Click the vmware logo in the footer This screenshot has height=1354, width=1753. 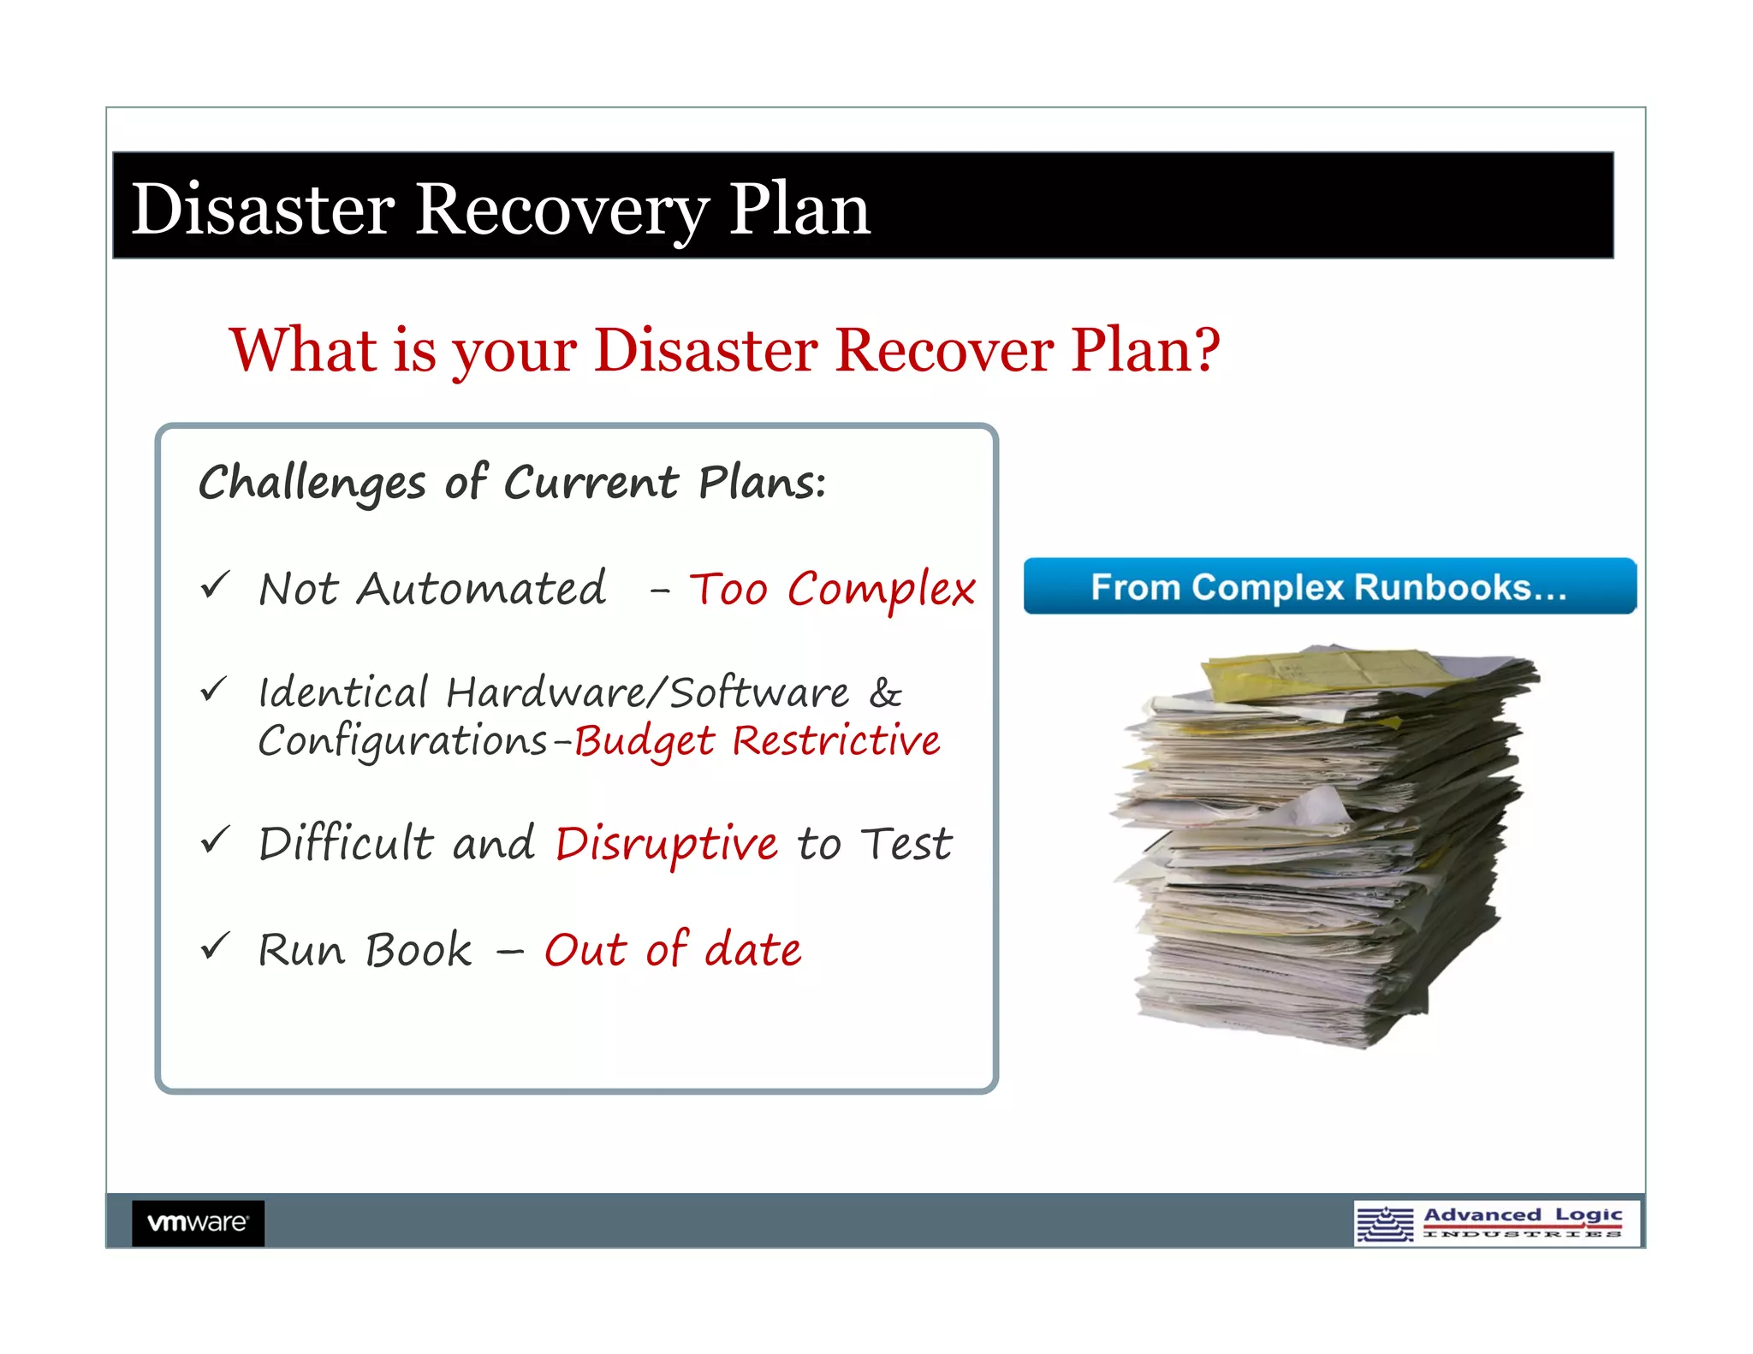198,1222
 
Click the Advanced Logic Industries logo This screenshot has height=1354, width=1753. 1495,1223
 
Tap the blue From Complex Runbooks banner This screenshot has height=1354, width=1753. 1329,586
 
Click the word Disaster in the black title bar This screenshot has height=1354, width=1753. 263,210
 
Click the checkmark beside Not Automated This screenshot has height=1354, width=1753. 215,585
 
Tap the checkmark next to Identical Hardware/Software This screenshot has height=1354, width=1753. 214,689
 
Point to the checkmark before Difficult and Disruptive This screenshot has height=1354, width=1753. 215,840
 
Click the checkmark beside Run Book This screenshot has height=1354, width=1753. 215,946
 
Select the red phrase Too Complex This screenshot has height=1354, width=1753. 832,590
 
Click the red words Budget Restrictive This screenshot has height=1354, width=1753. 757,741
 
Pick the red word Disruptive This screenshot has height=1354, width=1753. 666,844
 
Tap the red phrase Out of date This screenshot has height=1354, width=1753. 673,950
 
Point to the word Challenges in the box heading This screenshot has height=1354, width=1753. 312,484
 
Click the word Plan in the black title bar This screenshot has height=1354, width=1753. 799,210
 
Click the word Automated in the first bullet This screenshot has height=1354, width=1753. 482,590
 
